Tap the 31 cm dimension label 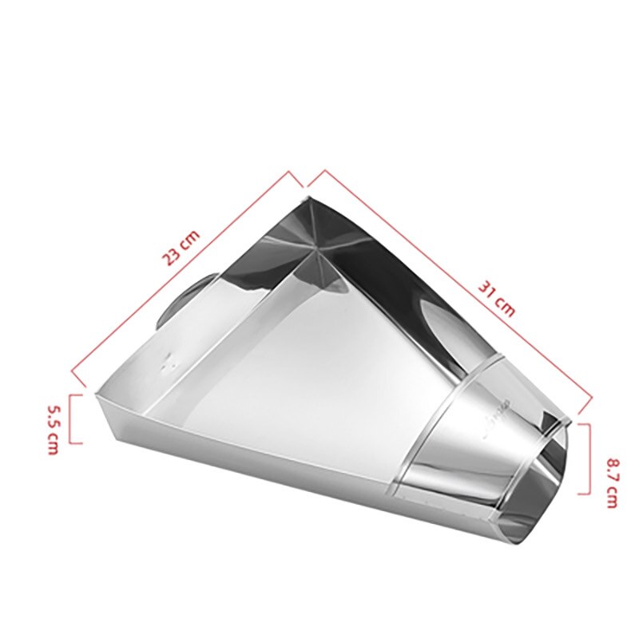tap(497, 296)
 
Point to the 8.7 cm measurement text tap(611, 483)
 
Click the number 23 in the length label tap(173, 255)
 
